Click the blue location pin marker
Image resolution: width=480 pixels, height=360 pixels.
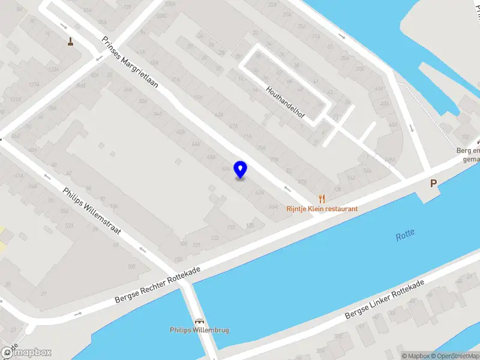tap(240, 170)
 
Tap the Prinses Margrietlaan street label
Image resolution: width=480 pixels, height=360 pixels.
tap(130, 62)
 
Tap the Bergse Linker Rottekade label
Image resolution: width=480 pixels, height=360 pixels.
tap(384, 299)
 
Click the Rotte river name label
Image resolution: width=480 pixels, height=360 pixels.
tap(405, 236)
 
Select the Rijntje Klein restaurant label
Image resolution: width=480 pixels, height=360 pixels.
tap(322, 209)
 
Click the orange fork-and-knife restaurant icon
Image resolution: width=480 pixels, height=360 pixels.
tap(322, 199)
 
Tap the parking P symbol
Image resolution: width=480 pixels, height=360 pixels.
tap(433, 184)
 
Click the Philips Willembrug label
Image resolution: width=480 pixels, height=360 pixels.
tap(199, 330)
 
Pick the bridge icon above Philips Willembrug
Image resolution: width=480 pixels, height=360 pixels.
tap(199, 321)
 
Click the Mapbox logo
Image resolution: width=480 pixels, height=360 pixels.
tap(26, 353)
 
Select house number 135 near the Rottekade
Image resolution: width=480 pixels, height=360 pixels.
tap(250, 225)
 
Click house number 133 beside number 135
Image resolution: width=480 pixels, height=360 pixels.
tap(231, 227)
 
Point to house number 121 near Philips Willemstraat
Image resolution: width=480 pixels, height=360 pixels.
tap(196, 244)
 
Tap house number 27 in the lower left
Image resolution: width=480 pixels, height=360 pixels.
tap(43, 293)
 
